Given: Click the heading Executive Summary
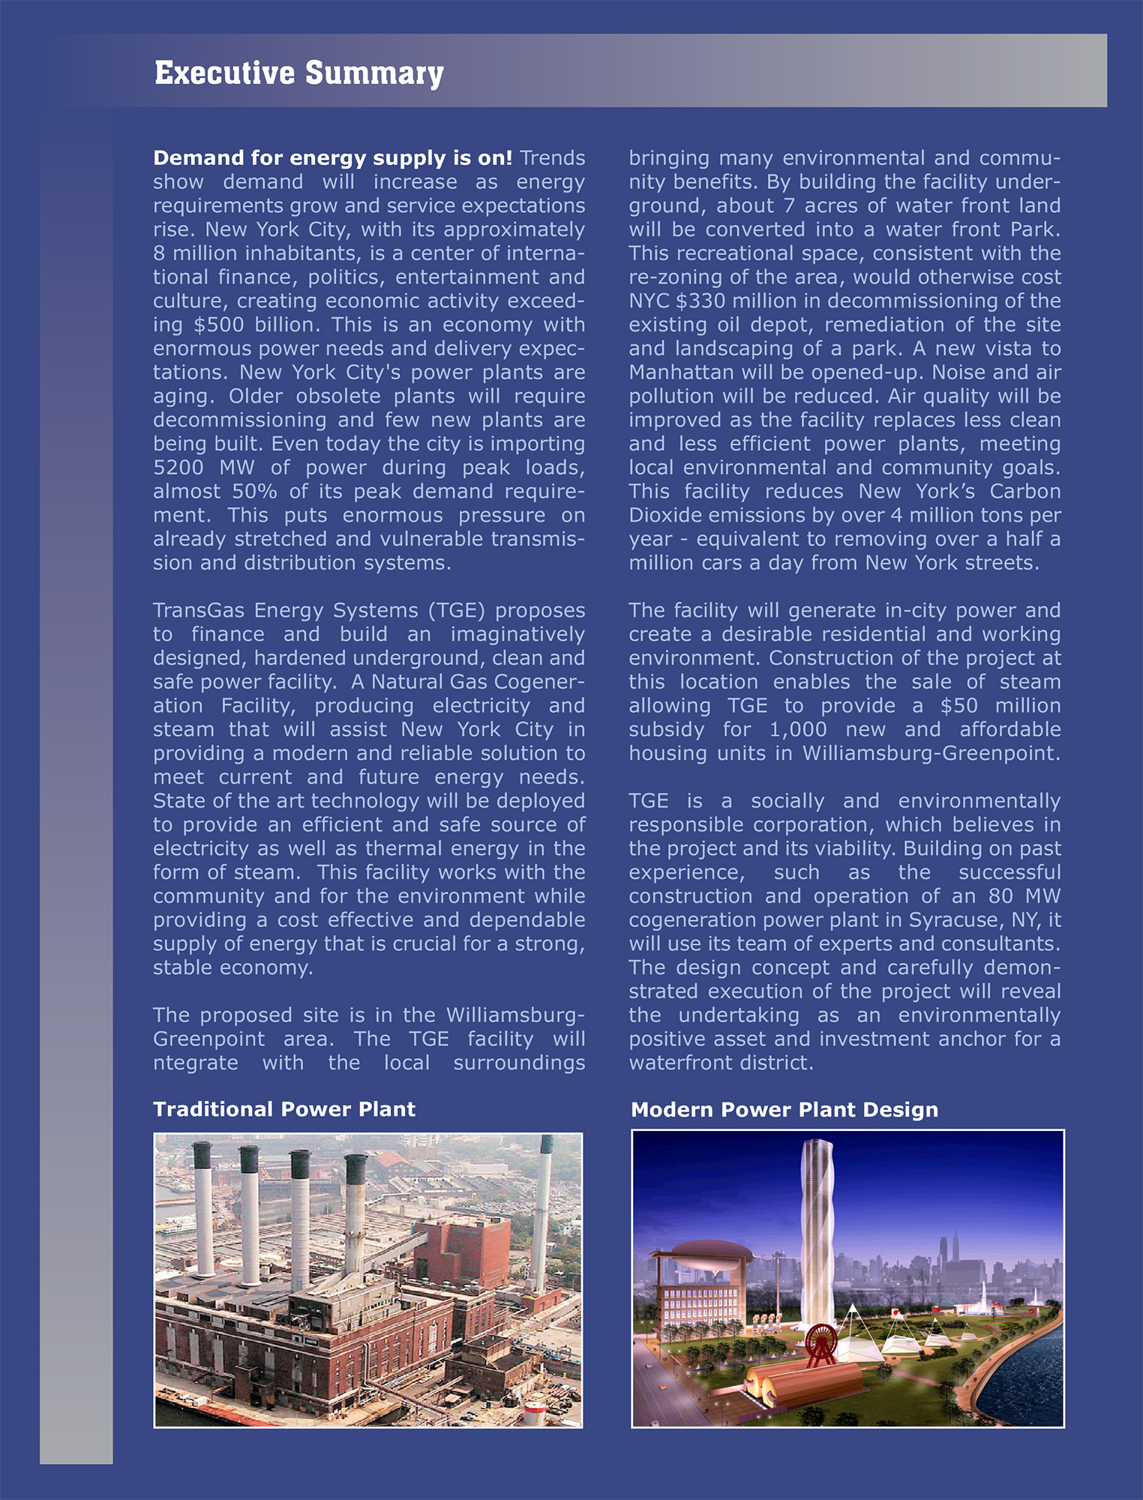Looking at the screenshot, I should [298, 73].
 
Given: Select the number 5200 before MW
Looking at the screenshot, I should [178, 467].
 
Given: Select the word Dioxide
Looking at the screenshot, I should [661, 515].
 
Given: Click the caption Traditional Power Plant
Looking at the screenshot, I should [284, 1109].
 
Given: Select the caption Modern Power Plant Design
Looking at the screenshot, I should [784, 1110].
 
